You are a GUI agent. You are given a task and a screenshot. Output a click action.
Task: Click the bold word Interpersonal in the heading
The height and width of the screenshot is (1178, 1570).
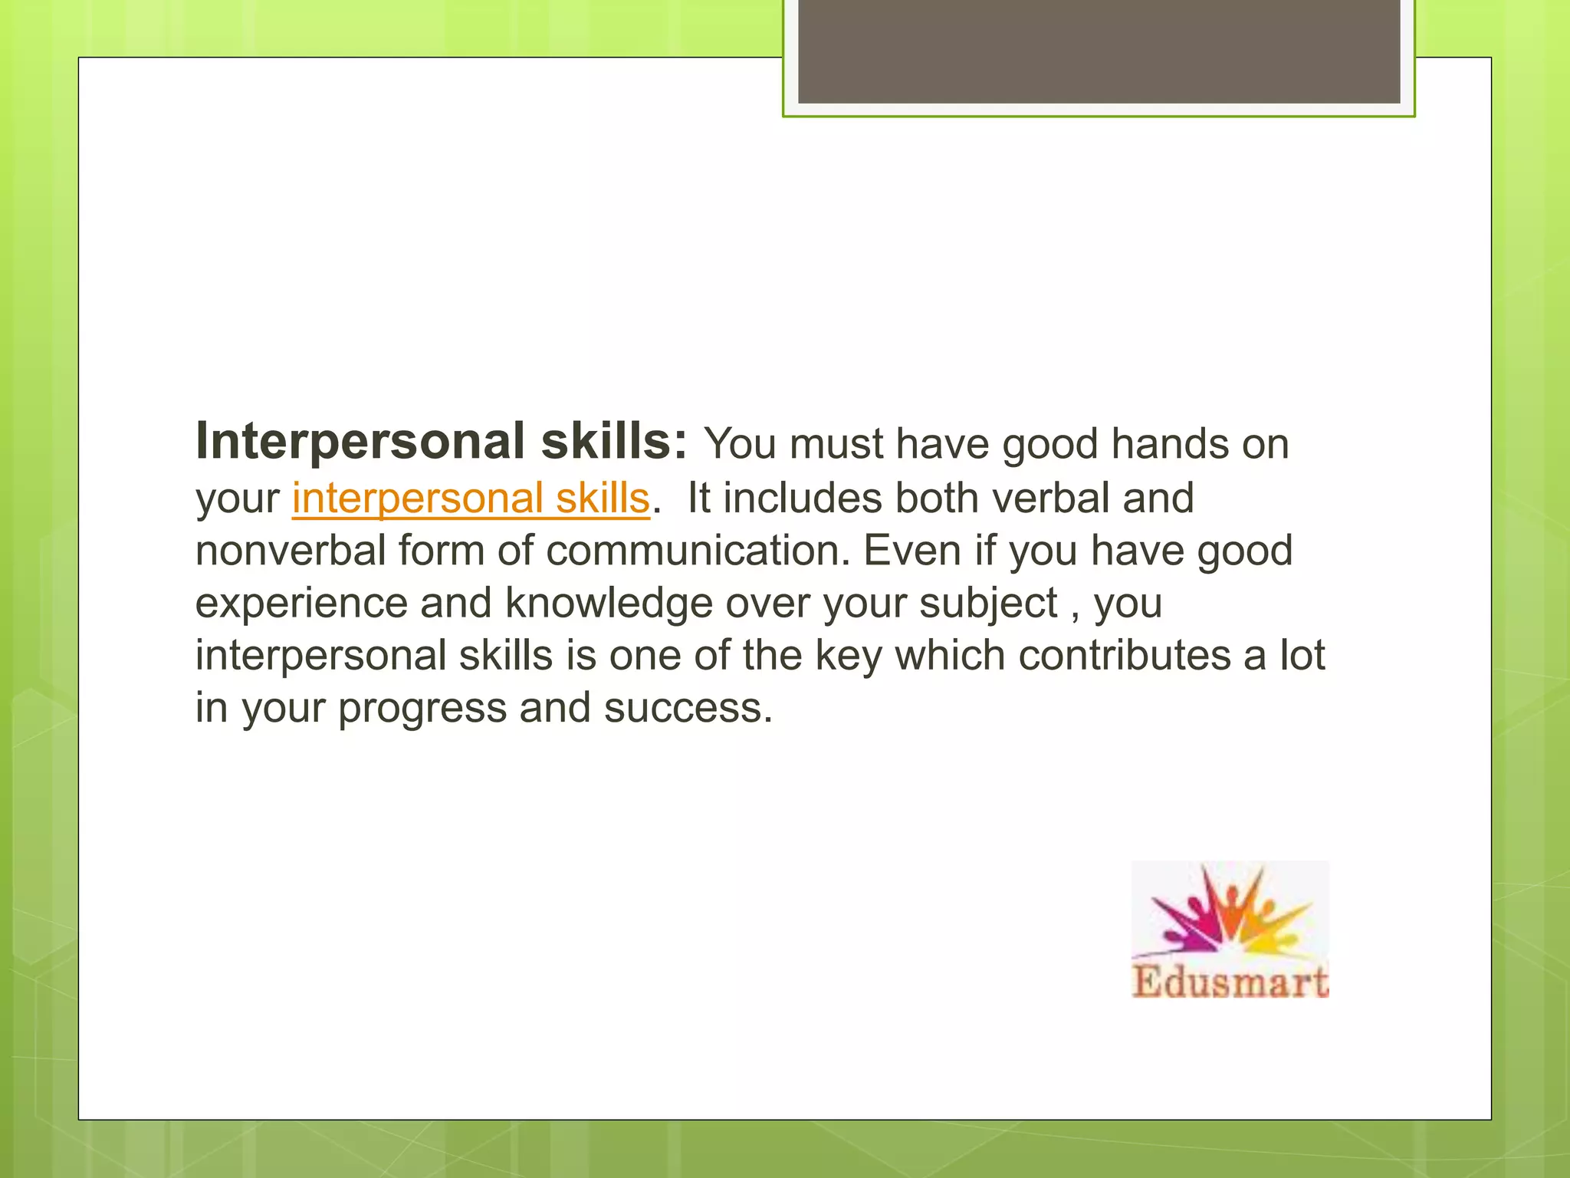360,442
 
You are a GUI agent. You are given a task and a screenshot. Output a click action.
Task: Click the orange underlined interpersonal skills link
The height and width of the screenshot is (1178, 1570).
471,499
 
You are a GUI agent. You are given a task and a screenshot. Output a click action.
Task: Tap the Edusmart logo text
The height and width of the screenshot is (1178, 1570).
1230,982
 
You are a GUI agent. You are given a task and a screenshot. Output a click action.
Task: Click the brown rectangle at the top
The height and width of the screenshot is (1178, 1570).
1099,51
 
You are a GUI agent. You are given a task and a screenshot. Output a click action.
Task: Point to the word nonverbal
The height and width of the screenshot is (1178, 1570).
291,551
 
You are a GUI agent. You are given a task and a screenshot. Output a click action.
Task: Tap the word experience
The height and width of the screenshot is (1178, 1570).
301,603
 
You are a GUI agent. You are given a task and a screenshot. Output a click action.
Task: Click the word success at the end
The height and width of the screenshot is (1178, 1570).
687,707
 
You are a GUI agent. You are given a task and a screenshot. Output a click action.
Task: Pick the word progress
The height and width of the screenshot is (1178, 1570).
422,707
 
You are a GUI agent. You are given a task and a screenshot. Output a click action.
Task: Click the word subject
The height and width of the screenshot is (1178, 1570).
988,603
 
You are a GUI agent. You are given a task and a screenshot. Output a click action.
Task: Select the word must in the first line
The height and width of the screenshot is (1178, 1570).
836,444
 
